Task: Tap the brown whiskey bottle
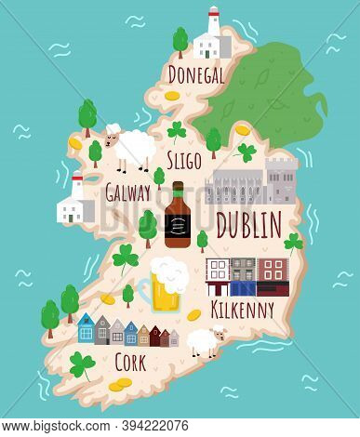pos(177,216)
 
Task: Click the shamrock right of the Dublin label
pos(294,244)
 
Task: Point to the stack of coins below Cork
pos(117,384)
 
